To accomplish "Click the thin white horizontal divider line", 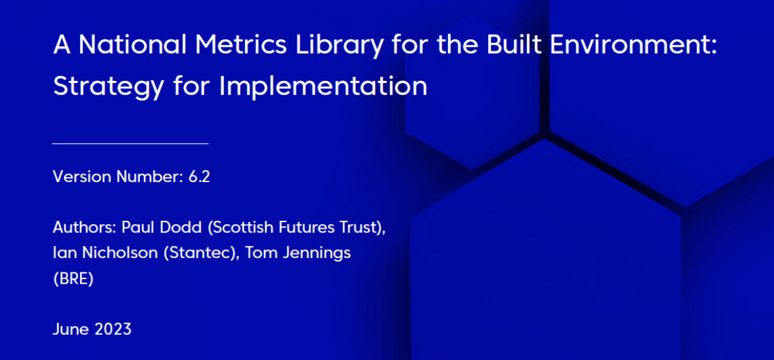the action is (x=130, y=144).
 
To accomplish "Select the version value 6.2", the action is (x=200, y=177).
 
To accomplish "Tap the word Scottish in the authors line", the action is (x=228, y=229).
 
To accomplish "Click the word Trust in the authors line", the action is (x=362, y=229).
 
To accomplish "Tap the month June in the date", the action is (x=69, y=329).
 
